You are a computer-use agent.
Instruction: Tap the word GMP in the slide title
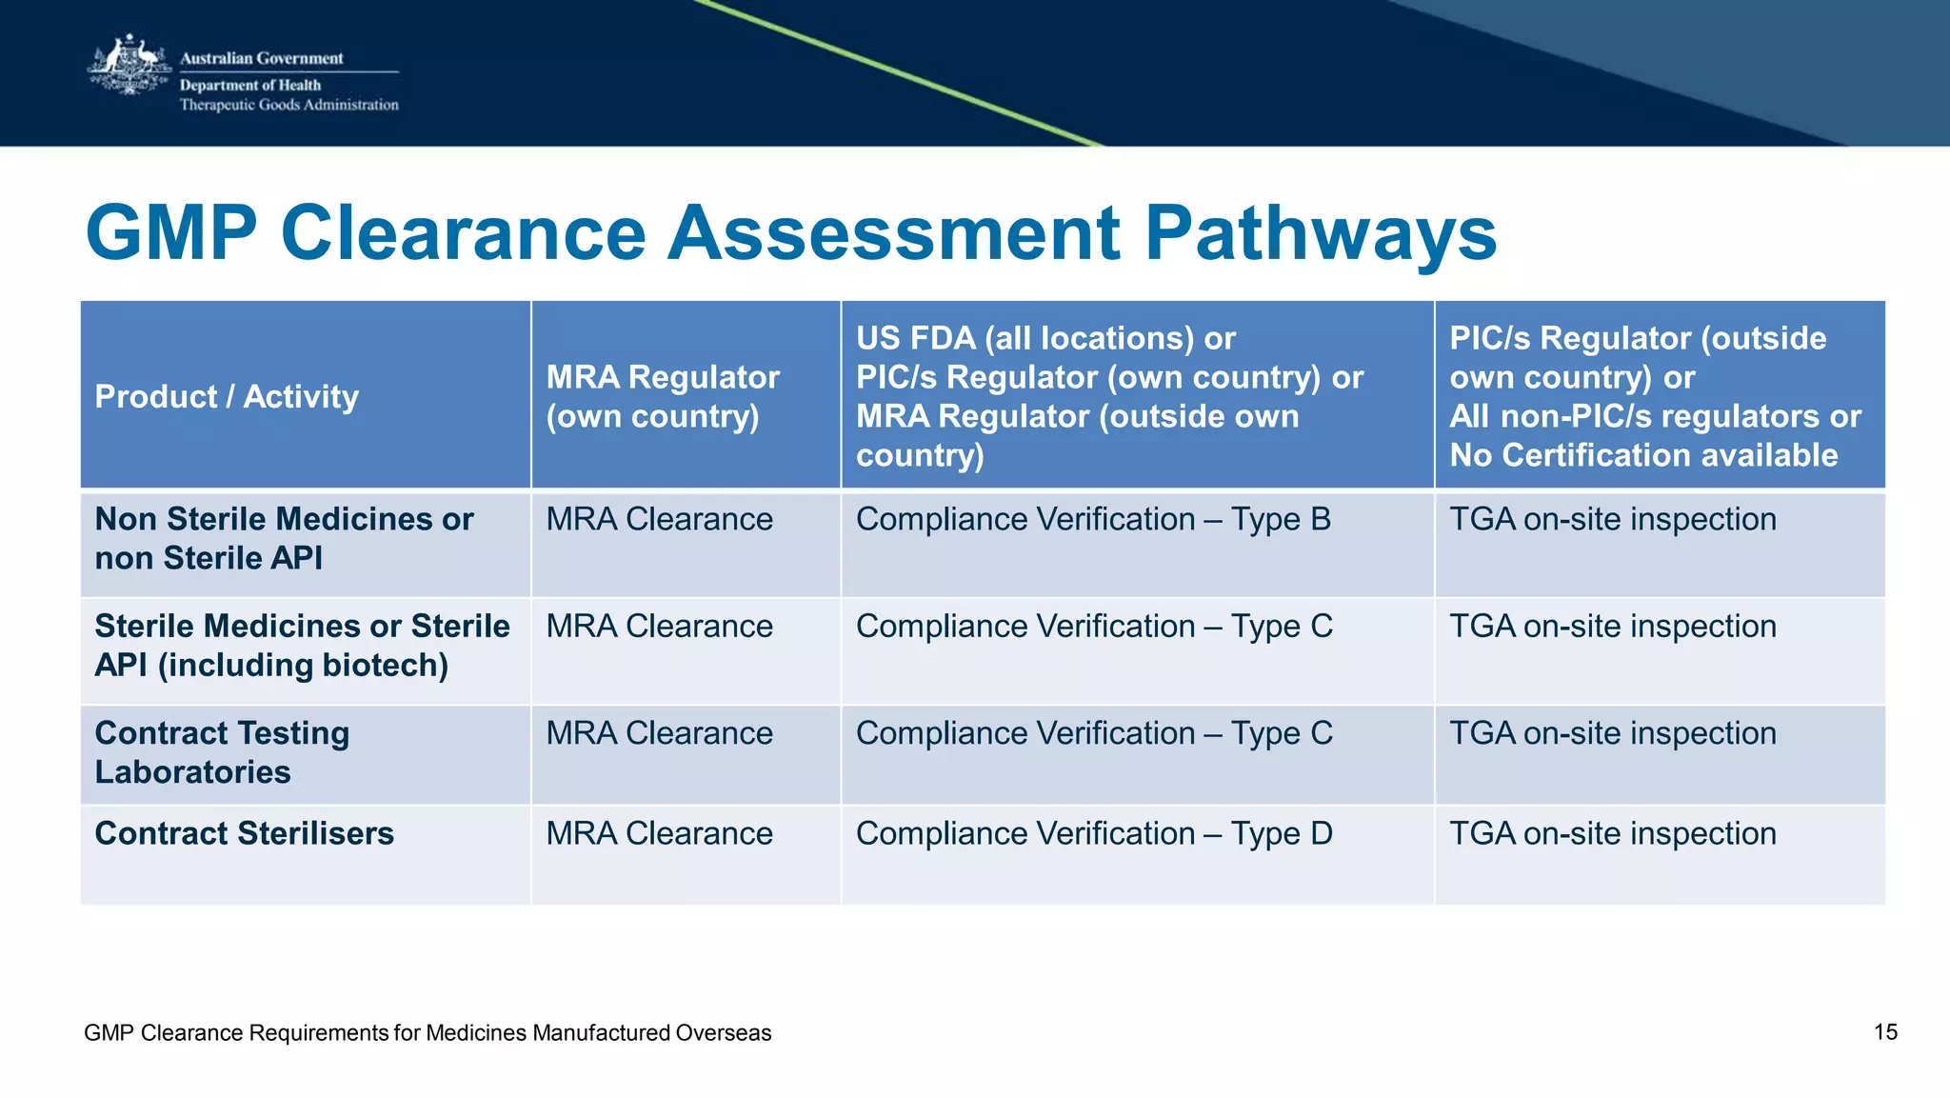(x=171, y=233)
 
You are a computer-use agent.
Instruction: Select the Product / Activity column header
(x=227, y=396)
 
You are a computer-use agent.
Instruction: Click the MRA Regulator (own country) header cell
(x=663, y=396)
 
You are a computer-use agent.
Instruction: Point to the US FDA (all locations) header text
(x=1045, y=338)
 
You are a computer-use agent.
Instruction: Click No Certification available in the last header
(x=1643, y=455)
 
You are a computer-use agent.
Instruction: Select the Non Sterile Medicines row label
(x=284, y=538)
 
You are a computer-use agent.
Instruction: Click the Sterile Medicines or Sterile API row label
(x=302, y=646)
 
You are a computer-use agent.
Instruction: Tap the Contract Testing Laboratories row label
(x=222, y=752)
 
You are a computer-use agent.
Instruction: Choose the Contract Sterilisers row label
(x=244, y=833)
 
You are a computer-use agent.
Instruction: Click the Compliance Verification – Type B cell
(x=1093, y=519)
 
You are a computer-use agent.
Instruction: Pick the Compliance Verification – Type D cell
(x=1094, y=833)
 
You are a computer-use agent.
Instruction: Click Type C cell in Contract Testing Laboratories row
(x=1094, y=733)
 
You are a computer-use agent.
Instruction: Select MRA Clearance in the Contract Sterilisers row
(x=659, y=833)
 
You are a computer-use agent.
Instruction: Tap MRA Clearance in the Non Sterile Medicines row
(x=659, y=519)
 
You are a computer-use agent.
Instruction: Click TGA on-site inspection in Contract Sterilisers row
(x=1613, y=833)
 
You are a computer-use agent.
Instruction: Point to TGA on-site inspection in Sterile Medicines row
(x=1613, y=627)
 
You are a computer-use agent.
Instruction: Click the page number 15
(x=1885, y=1032)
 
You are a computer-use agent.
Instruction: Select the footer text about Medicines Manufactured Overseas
(x=428, y=1033)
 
